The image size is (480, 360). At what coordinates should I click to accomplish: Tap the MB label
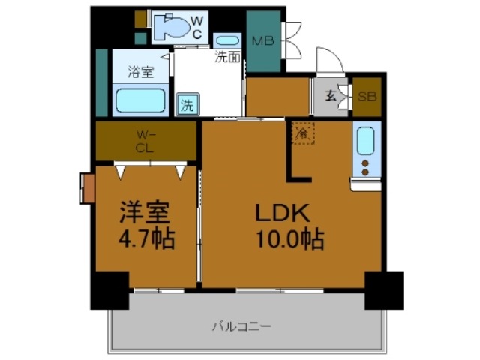pyautogui.click(x=262, y=40)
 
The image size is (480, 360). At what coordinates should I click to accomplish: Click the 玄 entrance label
pyautogui.click(x=330, y=95)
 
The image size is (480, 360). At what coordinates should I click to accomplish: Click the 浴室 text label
pyautogui.click(x=139, y=72)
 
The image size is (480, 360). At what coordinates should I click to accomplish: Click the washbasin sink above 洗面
pyautogui.click(x=226, y=40)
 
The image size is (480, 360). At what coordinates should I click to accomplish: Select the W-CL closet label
pyautogui.click(x=145, y=141)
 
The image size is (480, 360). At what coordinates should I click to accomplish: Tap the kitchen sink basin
pyautogui.click(x=365, y=141)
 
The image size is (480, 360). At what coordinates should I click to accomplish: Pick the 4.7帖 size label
pyautogui.click(x=147, y=240)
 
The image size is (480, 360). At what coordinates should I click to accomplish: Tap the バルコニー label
pyautogui.click(x=241, y=326)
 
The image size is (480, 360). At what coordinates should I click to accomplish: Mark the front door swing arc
pyautogui.click(x=328, y=60)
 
